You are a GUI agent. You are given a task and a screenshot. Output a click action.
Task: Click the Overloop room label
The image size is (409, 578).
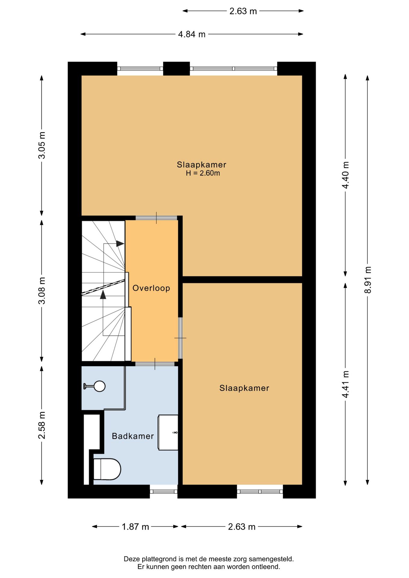(x=151, y=288)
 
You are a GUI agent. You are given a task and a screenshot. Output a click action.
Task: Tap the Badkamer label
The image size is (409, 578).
(x=133, y=436)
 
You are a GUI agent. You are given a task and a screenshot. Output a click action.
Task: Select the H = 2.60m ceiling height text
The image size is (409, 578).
(x=203, y=173)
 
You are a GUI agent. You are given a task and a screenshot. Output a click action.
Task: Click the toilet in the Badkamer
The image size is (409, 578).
(x=107, y=469)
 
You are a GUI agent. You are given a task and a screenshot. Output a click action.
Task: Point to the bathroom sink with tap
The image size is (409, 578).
(x=168, y=432)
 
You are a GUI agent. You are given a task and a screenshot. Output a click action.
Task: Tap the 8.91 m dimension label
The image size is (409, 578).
(x=367, y=280)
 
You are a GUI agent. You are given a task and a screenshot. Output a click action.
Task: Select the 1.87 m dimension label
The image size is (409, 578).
(x=135, y=527)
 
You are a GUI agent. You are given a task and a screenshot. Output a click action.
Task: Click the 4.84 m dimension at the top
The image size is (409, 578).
(x=192, y=34)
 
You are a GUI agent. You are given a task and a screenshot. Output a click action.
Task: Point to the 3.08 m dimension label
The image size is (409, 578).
(x=42, y=291)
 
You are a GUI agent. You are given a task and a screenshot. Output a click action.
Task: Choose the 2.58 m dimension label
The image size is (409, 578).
(x=42, y=425)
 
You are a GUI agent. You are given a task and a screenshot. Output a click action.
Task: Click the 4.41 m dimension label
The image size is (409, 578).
(x=345, y=384)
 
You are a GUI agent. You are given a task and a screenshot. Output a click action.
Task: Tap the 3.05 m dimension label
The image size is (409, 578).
(x=42, y=145)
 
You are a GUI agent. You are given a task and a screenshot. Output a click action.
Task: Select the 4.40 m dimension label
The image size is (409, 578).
(x=345, y=175)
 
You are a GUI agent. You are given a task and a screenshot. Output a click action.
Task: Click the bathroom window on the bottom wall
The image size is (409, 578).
(x=164, y=492)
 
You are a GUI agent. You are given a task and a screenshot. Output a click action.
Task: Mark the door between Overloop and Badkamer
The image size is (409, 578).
(x=155, y=364)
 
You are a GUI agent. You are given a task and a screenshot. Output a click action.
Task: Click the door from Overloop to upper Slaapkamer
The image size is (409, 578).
(x=156, y=218)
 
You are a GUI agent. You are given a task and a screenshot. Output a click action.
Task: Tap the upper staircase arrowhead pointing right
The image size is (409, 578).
(x=120, y=244)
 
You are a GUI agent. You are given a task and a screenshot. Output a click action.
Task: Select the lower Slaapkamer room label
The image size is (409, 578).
(x=244, y=388)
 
